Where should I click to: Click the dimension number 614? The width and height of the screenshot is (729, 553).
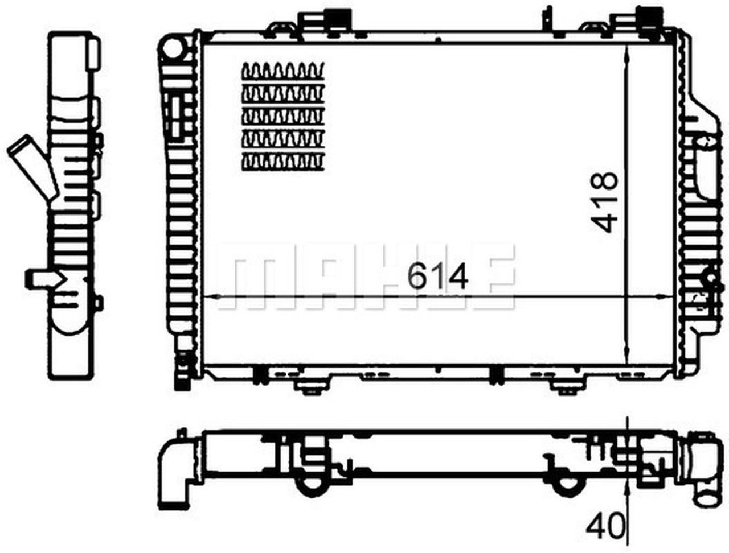(437, 277)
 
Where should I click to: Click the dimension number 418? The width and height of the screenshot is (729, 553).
(605, 201)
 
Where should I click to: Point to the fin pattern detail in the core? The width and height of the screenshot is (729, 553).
(283, 117)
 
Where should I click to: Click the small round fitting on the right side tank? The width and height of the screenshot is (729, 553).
(710, 279)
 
